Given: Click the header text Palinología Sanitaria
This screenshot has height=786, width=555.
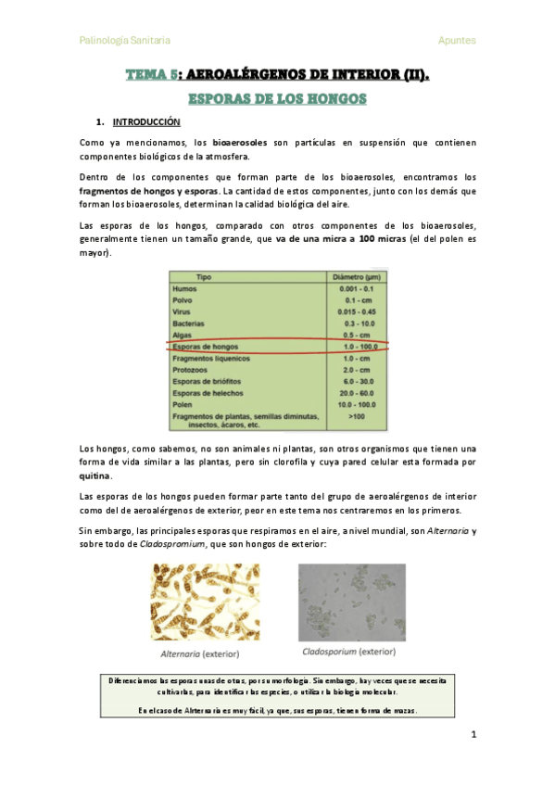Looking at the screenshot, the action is [x=124, y=40].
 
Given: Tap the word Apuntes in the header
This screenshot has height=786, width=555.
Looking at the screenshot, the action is [x=457, y=40].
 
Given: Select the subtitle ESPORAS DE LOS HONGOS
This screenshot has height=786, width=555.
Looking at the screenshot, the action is [x=277, y=98].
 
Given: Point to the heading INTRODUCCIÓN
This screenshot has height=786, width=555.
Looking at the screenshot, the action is [x=146, y=121].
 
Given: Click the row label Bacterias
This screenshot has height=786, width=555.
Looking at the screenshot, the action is [x=190, y=323].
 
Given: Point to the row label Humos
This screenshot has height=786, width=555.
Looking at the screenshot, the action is [x=185, y=289].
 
